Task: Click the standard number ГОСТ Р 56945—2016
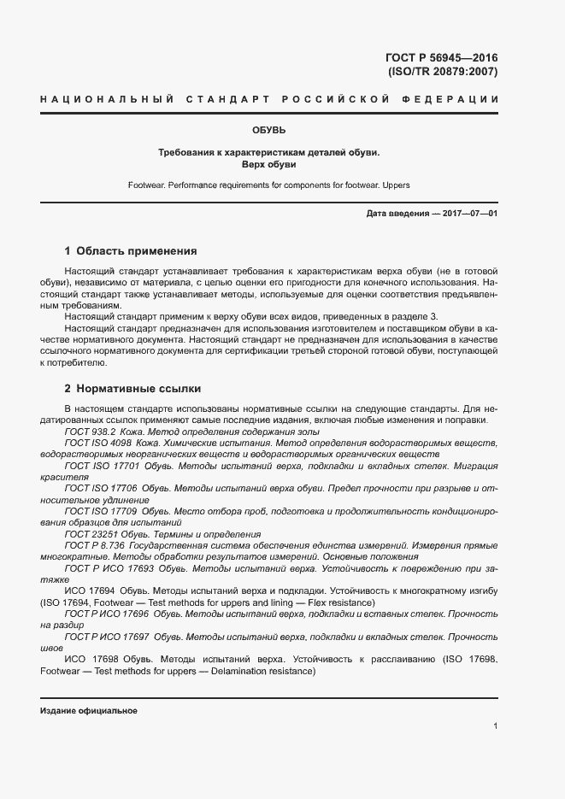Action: (x=442, y=58)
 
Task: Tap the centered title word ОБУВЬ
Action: (x=268, y=131)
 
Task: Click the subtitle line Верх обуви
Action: (x=268, y=164)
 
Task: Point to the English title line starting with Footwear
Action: (x=268, y=185)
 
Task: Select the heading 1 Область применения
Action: (x=131, y=251)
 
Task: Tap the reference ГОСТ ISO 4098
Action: (x=98, y=444)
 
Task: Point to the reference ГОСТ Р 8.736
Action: (x=95, y=544)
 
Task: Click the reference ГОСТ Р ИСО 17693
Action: (x=109, y=567)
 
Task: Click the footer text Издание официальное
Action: (x=89, y=711)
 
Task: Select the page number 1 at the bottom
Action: (x=495, y=726)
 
